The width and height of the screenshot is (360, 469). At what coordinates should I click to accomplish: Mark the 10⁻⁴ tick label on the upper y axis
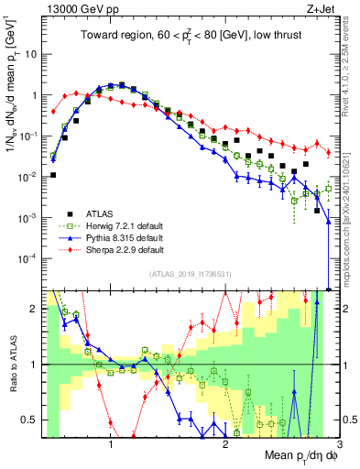(27, 258)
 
